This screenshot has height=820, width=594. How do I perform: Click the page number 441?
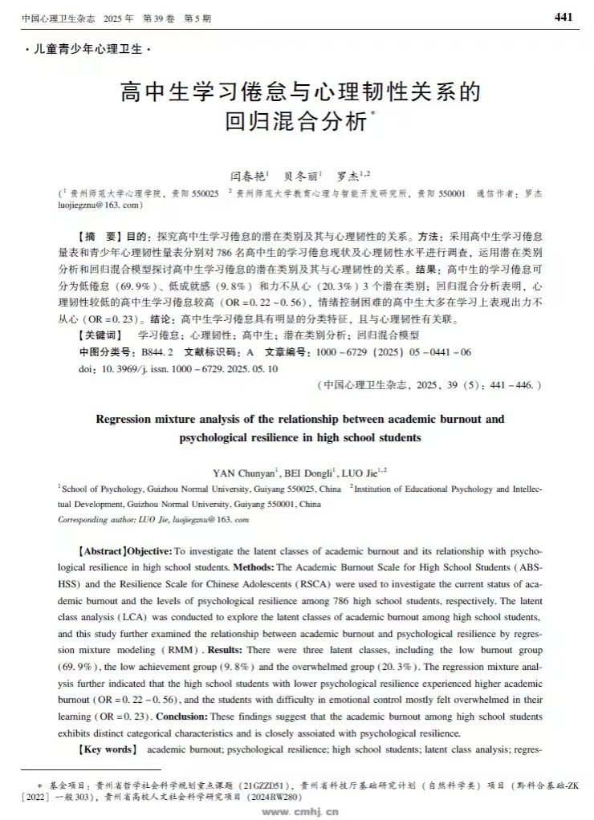pyautogui.click(x=563, y=17)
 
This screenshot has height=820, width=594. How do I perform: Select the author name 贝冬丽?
pyautogui.click(x=301, y=175)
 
